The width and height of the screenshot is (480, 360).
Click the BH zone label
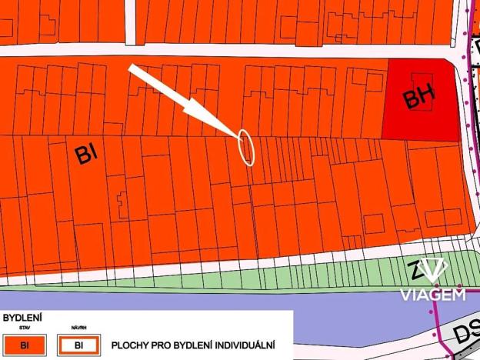pyautogui.click(x=419, y=97)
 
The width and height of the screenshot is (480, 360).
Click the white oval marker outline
pyautogui.click(x=245, y=148)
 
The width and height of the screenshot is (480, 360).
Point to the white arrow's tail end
pyautogui.click(x=132, y=69)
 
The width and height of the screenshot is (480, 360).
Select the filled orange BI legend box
pyautogui.click(x=25, y=345)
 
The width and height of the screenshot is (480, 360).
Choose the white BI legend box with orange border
pyautogui.click(x=78, y=345)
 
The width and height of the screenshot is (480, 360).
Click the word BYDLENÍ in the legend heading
pyautogui.click(x=22, y=317)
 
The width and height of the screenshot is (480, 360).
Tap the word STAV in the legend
pyautogui.click(x=25, y=328)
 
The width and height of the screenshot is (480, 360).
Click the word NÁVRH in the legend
pyautogui.click(x=78, y=328)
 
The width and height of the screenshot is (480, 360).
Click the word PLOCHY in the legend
pyautogui.click(x=132, y=345)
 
